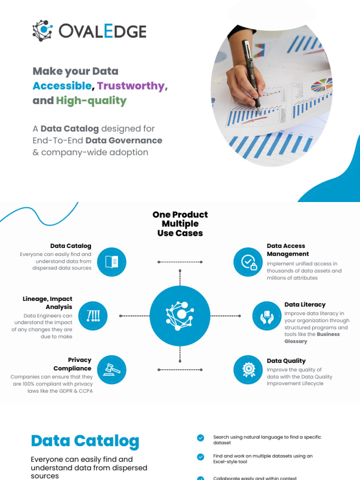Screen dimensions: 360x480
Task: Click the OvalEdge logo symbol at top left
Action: coord(43,30)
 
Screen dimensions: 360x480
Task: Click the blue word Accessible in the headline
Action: coord(62,86)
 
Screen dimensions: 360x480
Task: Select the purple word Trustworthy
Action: coord(131,86)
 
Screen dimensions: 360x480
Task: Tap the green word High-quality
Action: coord(91,100)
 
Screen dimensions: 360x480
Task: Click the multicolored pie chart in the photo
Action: coord(321,85)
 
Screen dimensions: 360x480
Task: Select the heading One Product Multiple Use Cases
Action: coord(180,224)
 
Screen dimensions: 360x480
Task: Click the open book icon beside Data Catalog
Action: coord(112,262)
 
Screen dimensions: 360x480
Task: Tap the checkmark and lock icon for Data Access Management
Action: coord(248,262)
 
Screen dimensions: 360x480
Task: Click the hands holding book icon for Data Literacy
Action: coord(267,315)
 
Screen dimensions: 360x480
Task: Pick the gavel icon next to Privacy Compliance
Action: coord(112,369)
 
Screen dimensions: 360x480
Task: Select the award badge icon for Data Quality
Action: coord(248,369)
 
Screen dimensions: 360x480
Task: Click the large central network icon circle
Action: coord(180,315)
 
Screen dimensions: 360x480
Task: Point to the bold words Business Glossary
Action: coord(312,338)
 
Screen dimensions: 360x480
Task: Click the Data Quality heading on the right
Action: coord(286,361)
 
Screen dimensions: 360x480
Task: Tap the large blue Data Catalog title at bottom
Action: coord(85,441)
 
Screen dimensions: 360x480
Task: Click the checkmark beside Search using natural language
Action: coord(201,438)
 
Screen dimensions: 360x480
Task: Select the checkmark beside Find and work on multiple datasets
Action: coord(201,457)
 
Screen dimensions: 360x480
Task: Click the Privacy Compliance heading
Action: coord(73,364)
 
